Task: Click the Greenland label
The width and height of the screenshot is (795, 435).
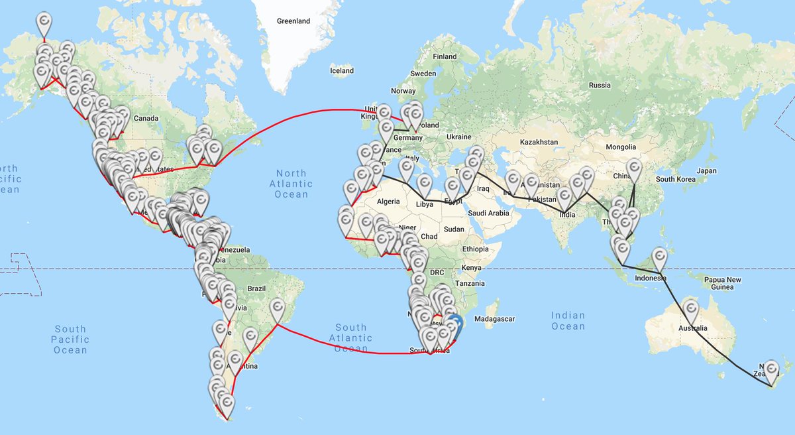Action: [x=293, y=21]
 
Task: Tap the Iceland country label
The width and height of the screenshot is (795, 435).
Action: [x=342, y=71]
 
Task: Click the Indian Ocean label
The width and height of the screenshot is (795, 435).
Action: [x=568, y=321]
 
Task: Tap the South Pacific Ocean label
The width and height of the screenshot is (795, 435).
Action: [x=71, y=340]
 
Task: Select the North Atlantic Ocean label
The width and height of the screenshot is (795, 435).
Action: [x=291, y=184]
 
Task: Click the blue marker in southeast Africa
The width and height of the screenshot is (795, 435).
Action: [x=455, y=326]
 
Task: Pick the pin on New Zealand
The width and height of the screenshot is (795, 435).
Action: [x=770, y=370]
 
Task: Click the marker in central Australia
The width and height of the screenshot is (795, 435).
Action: [x=691, y=310]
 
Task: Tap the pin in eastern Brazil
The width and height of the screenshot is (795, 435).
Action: [x=278, y=308]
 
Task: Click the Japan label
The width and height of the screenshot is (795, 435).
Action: [x=706, y=170]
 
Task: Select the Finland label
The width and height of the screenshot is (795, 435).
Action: [x=445, y=57]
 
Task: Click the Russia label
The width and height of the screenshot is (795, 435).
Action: [x=600, y=86]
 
